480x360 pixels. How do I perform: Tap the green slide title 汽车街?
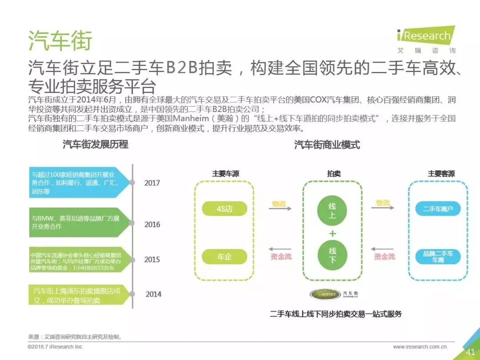(x=60, y=40)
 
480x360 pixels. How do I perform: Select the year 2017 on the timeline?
(x=152, y=183)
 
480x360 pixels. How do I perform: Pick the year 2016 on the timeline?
(x=152, y=224)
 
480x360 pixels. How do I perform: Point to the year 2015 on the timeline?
(x=152, y=260)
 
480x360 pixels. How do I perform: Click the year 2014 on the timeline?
(x=153, y=294)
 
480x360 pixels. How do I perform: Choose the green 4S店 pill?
(x=224, y=208)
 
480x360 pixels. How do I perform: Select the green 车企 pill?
(x=224, y=256)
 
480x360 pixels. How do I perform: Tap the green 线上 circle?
(x=332, y=212)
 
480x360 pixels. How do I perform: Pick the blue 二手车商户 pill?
(x=438, y=208)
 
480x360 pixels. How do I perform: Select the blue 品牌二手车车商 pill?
(x=438, y=256)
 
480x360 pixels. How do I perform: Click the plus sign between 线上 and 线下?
(x=332, y=234)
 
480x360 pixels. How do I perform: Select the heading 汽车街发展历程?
(x=95, y=144)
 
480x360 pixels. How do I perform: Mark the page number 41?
(x=471, y=352)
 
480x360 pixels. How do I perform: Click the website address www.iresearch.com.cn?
(x=420, y=347)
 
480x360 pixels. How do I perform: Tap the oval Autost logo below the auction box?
(x=324, y=294)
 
